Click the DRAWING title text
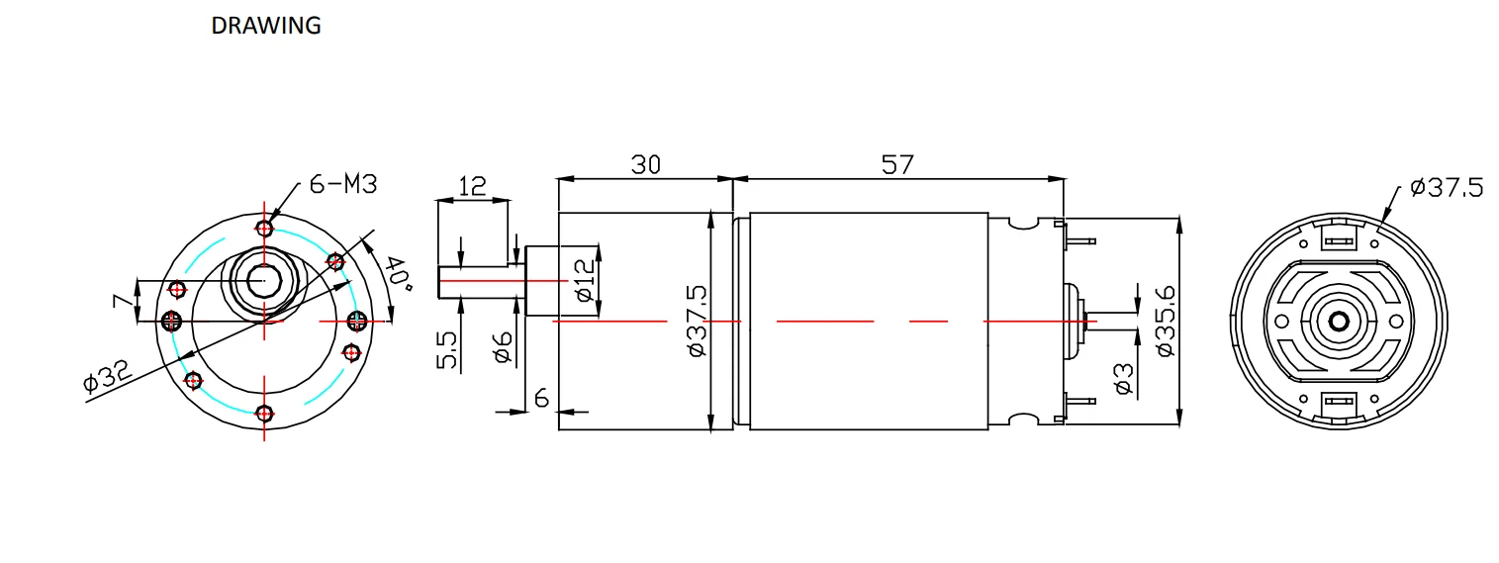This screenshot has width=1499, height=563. (266, 26)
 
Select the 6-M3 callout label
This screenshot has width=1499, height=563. (343, 184)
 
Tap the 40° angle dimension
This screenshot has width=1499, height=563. (398, 273)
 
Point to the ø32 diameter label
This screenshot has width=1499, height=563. (107, 375)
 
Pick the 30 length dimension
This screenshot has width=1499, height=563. (645, 164)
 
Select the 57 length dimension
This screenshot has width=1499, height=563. (896, 164)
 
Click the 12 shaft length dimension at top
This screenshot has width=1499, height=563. (472, 186)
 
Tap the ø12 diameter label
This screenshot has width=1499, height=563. (584, 280)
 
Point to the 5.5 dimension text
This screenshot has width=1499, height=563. (447, 350)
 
